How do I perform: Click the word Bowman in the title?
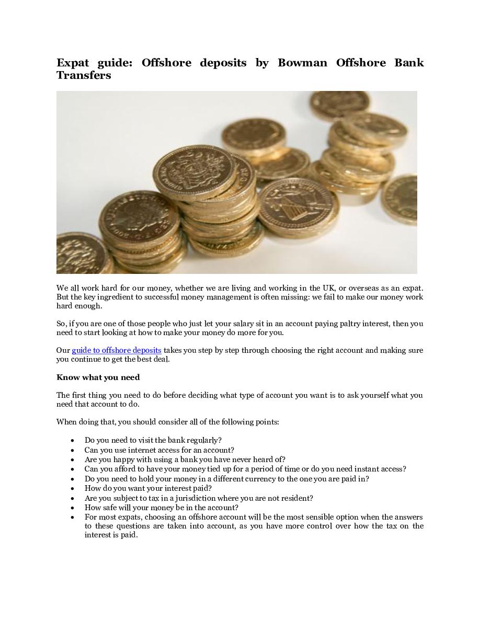click(302, 63)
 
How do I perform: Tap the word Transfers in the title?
click(84, 75)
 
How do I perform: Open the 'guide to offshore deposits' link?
click(117, 350)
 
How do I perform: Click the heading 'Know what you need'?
click(98, 377)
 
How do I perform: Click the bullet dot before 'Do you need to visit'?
click(72, 441)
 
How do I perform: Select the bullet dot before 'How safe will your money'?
click(72, 508)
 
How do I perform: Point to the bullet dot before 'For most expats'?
click(72, 517)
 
